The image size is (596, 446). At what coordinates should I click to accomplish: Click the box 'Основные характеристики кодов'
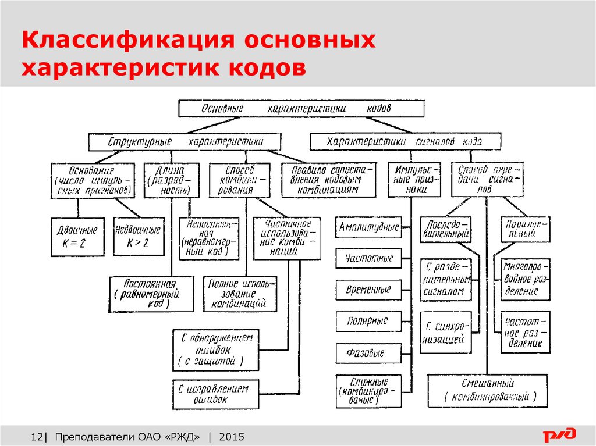[301, 108]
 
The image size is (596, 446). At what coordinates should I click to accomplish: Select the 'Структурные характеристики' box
[185, 142]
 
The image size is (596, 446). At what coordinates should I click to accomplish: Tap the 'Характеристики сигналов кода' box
[405, 142]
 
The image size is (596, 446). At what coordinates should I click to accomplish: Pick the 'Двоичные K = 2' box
[78, 237]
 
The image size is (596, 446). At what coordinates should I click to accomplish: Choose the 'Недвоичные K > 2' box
[138, 237]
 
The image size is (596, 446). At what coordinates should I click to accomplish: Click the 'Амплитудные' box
[370, 227]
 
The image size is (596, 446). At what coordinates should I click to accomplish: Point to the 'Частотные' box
[370, 258]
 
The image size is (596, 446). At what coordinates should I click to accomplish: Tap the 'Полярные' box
[370, 321]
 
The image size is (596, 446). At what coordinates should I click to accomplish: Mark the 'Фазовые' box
[368, 352]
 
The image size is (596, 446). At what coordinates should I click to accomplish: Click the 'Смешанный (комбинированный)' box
[487, 391]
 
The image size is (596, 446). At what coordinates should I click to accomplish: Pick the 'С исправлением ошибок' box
[214, 394]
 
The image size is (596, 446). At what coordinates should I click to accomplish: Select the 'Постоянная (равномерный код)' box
[150, 294]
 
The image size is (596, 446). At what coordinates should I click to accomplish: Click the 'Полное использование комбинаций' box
[240, 294]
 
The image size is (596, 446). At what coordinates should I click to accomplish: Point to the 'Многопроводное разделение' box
[525, 280]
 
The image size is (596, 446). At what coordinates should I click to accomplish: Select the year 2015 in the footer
[232, 437]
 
